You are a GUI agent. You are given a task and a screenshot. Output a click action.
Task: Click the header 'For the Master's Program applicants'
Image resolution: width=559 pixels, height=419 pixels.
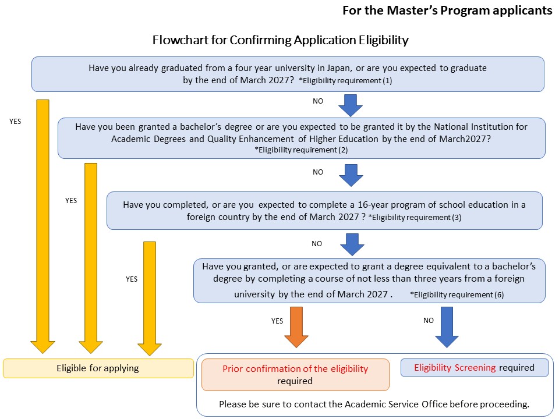447,10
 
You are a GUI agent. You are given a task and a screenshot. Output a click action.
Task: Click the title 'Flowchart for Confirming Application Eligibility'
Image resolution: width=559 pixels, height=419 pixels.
280,40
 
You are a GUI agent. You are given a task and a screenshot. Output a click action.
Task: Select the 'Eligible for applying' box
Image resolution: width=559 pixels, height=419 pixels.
98,368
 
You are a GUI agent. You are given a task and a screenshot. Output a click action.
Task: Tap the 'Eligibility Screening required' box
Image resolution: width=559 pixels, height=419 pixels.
475,368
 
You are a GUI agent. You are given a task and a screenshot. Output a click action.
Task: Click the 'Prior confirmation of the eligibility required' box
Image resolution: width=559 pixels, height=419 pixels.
295,375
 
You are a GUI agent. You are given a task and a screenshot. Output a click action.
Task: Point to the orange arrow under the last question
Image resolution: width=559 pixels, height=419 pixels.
296,326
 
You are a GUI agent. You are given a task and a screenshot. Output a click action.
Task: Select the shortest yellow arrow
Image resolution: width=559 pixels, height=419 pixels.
150,297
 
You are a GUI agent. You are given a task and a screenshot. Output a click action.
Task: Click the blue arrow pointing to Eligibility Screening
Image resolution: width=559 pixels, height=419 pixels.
447,326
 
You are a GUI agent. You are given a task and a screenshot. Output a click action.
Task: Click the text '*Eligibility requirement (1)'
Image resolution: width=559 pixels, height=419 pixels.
345,81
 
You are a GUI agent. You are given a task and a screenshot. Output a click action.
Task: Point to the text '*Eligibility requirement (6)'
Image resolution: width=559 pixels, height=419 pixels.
457,294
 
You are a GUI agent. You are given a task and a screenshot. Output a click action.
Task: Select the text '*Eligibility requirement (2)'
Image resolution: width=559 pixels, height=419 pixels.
296,150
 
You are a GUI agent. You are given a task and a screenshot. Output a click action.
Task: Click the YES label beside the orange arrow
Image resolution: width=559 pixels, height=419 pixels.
277,321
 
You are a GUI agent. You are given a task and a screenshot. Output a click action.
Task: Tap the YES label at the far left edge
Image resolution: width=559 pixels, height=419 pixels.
15,122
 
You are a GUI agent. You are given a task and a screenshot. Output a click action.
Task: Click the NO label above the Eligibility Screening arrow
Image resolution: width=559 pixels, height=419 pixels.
429,321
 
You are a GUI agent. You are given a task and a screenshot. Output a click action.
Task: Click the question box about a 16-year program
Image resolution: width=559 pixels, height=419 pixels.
324,211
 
